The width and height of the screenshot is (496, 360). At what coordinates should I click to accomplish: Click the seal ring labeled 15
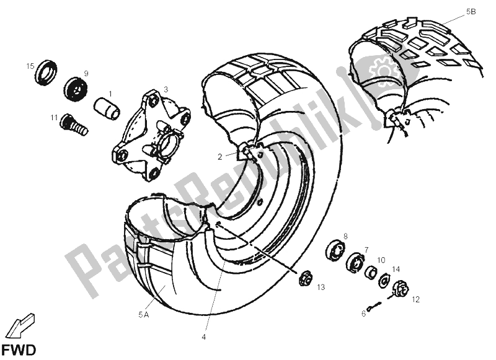point(46,72)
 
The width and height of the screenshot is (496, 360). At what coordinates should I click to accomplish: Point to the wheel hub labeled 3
point(151,135)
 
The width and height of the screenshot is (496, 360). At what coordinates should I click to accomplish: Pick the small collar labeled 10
point(371,271)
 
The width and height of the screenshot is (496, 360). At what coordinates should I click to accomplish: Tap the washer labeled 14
point(384,280)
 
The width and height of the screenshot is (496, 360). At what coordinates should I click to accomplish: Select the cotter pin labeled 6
point(374,306)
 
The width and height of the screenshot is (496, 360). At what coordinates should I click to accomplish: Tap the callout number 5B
point(471,12)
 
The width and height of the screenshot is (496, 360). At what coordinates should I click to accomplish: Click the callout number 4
point(204,337)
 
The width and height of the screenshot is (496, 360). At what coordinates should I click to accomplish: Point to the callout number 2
point(220,157)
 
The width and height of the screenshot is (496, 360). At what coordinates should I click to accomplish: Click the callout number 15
point(30,66)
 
